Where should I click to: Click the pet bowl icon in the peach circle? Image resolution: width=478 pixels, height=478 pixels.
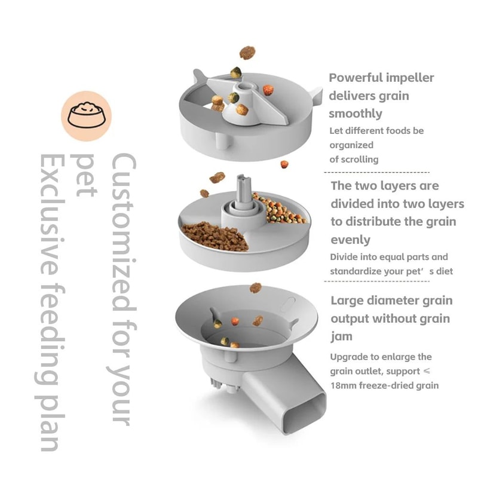86,115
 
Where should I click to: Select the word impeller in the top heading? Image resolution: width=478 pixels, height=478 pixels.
410,78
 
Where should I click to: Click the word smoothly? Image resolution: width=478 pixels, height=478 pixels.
356,114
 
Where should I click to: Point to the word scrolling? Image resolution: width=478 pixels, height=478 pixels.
359,159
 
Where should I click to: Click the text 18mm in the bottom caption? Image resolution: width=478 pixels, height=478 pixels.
344,385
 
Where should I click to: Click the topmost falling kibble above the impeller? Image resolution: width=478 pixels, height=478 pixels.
247,53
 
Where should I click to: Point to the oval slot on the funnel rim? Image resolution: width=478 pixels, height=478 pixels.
288,301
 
